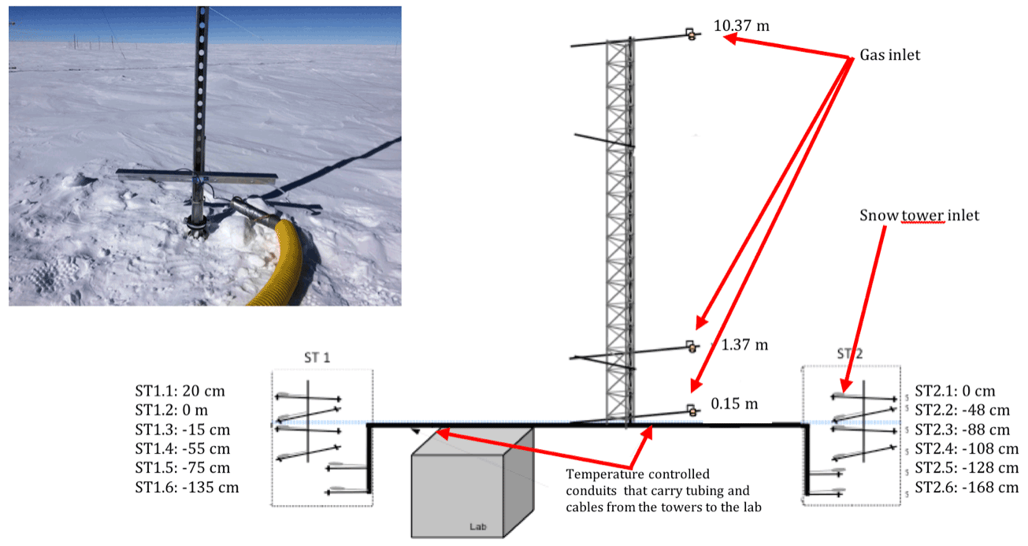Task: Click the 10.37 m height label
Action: pos(741,26)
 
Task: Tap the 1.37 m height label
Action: pos(744,344)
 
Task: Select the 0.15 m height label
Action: pos(734,403)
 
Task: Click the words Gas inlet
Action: pos(890,55)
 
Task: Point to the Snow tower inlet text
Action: pos(919,215)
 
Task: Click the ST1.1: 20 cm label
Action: pos(180,391)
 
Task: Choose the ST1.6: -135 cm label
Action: pos(187,487)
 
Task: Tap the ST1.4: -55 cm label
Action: pos(183,449)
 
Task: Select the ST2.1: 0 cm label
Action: pos(955,391)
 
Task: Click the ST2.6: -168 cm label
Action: pos(967,487)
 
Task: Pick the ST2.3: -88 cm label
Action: pos(963,430)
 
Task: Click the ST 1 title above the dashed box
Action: pos(317,358)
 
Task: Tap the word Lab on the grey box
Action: pos(477,527)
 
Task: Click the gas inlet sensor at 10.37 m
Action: pos(691,35)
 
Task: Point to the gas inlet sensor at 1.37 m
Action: pos(692,347)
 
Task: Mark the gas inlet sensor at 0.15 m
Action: pos(691,410)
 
